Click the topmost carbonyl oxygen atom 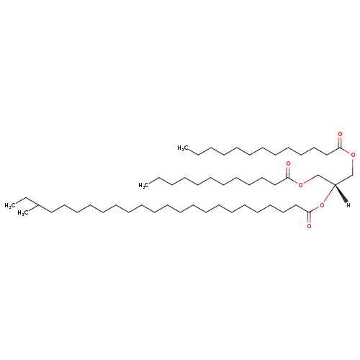[x=340, y=134]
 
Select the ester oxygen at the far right [x=353, y=155]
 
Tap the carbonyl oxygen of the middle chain [x=288, y=164]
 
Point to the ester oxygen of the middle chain [x=300, y=185]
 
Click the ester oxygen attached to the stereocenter [x=322, y=205]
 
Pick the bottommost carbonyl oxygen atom [x=309, y=226]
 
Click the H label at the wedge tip [x=348, y=205]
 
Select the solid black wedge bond [x=341, y=194]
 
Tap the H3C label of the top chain [x=182, y=148]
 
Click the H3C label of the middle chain [x=143, y=186]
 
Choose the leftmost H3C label [x=10, y=206]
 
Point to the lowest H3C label [x=23, y=213]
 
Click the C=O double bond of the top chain [x=340, y=143]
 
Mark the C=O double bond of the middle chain [x=288, y=172]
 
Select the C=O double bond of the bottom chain [x=309, y=217]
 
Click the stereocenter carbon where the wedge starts [x=335, y=184]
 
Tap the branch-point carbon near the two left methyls [x=39, y=205]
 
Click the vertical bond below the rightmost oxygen [x=353, y=166]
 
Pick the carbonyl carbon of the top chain [x=340, y=148]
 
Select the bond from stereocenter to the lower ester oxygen [x=329, y=194]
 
